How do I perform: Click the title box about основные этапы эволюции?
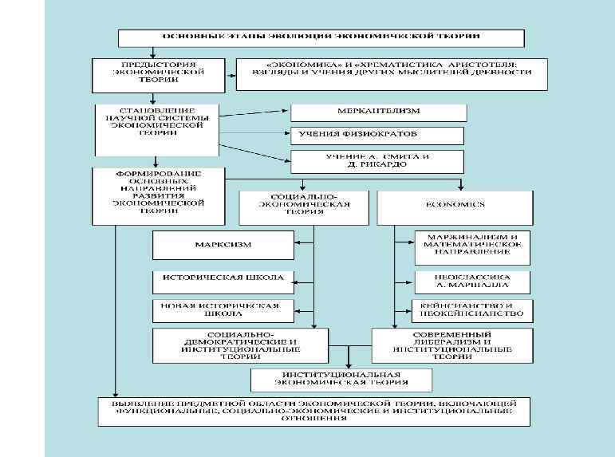[x=321, y=38]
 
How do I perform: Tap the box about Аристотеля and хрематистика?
[x=392, y=73]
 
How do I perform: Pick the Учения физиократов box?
[x=377, y=136]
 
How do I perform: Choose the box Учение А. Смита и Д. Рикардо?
[x=377, y=161]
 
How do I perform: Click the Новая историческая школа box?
[x=222, y=310]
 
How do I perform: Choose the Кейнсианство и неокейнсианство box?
[x=473, y=311]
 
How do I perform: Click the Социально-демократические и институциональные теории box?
[x=240, y=344]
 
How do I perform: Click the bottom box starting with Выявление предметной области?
[x=313, y=412]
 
